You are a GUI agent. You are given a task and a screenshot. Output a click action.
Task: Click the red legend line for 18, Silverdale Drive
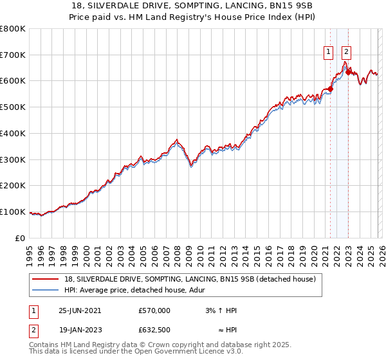click(x=46, y=280)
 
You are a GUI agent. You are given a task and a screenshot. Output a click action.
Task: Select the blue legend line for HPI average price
click(x=46, y=291)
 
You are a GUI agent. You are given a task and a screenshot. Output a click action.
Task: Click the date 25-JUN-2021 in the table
click(x=80, y=310)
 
